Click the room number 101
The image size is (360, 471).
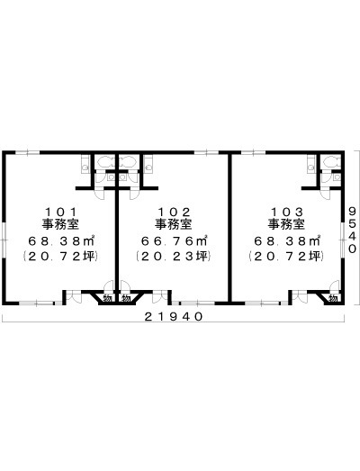pos(60,212)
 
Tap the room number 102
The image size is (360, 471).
pos(174,212)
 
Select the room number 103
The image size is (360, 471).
pos(286,212)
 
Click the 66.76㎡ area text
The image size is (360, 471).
pos(175,240)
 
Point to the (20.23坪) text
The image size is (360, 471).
pos(173,257)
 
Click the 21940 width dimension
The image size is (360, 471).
pos(174,316)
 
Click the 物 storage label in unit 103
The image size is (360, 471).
pos(333,298)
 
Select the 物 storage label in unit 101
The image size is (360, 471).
pos(107,298)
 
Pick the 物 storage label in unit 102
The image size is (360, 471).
pos(126,298)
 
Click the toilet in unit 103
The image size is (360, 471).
pos(331,162)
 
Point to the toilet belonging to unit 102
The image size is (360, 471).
pos(128,162)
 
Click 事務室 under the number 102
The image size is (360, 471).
pos(174,224)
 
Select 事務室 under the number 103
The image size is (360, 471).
pos(286,224)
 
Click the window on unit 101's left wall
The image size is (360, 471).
pos(4,240)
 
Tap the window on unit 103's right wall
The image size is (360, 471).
pos(343,240)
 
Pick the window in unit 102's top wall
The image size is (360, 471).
pos(206,152)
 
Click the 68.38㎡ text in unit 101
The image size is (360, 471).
pos(61,240)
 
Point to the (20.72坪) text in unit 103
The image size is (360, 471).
pos(286,257)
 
